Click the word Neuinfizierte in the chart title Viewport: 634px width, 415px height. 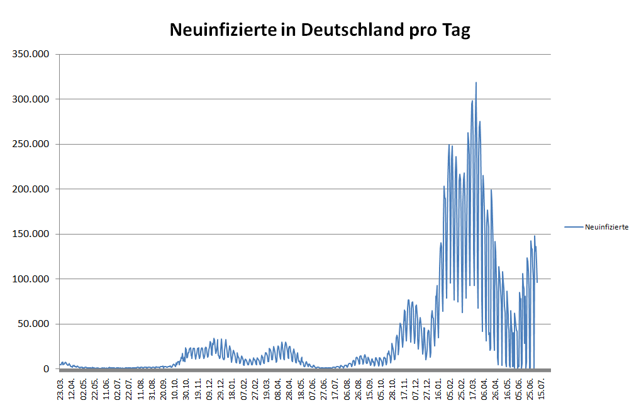click(x=223, y=30)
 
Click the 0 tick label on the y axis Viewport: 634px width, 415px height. click(x=47, y=369)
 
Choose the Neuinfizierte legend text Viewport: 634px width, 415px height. click(x=606, y=227)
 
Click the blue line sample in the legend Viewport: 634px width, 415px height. click(x=574, y=227)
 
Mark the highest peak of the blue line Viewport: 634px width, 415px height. click(x=476, y=82)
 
